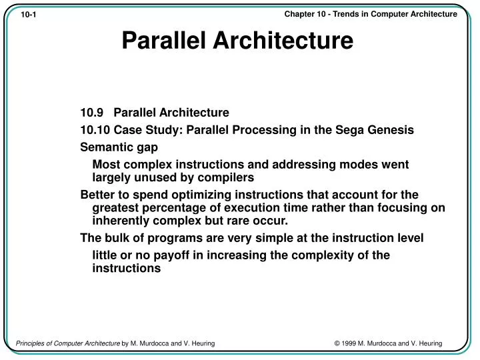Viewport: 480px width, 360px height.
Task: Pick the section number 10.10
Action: point(94,131)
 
